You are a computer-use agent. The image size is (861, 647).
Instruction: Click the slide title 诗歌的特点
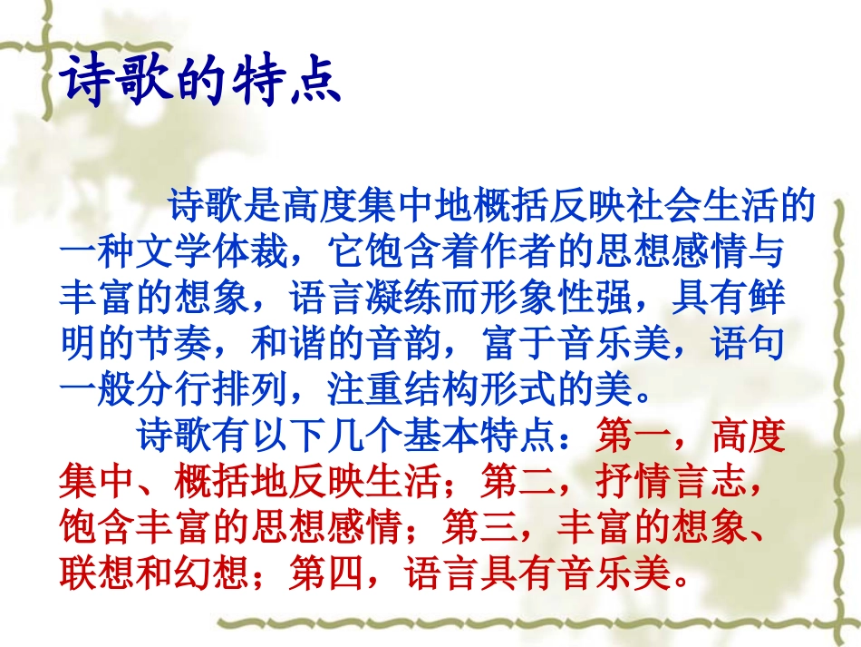pyautogui.click(x=200, y=83)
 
